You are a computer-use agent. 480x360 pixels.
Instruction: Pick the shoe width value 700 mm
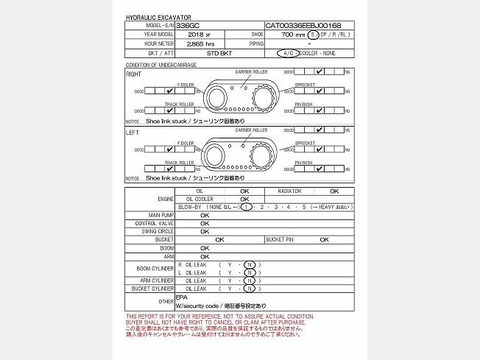(294, 35)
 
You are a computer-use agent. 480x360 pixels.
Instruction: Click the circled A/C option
(287, 54)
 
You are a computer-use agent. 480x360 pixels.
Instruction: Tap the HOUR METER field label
(159, 44)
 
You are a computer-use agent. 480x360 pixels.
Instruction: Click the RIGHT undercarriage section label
(134, 74)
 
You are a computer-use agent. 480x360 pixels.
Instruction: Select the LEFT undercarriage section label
(133, 133)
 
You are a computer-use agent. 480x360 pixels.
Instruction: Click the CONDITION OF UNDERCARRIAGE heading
(161, 66)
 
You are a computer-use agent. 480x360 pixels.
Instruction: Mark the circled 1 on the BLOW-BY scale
(247, 207)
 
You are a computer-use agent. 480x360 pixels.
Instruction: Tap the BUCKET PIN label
(279, 239)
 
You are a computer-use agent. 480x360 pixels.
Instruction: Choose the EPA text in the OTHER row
(181, 297)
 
